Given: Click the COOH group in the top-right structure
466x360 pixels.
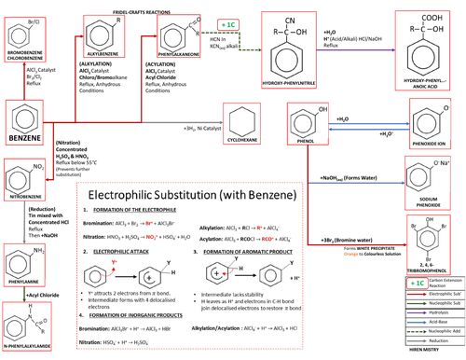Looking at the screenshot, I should (x=429, y=14).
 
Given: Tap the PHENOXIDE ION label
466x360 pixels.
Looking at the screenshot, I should (x=432, y=146).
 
